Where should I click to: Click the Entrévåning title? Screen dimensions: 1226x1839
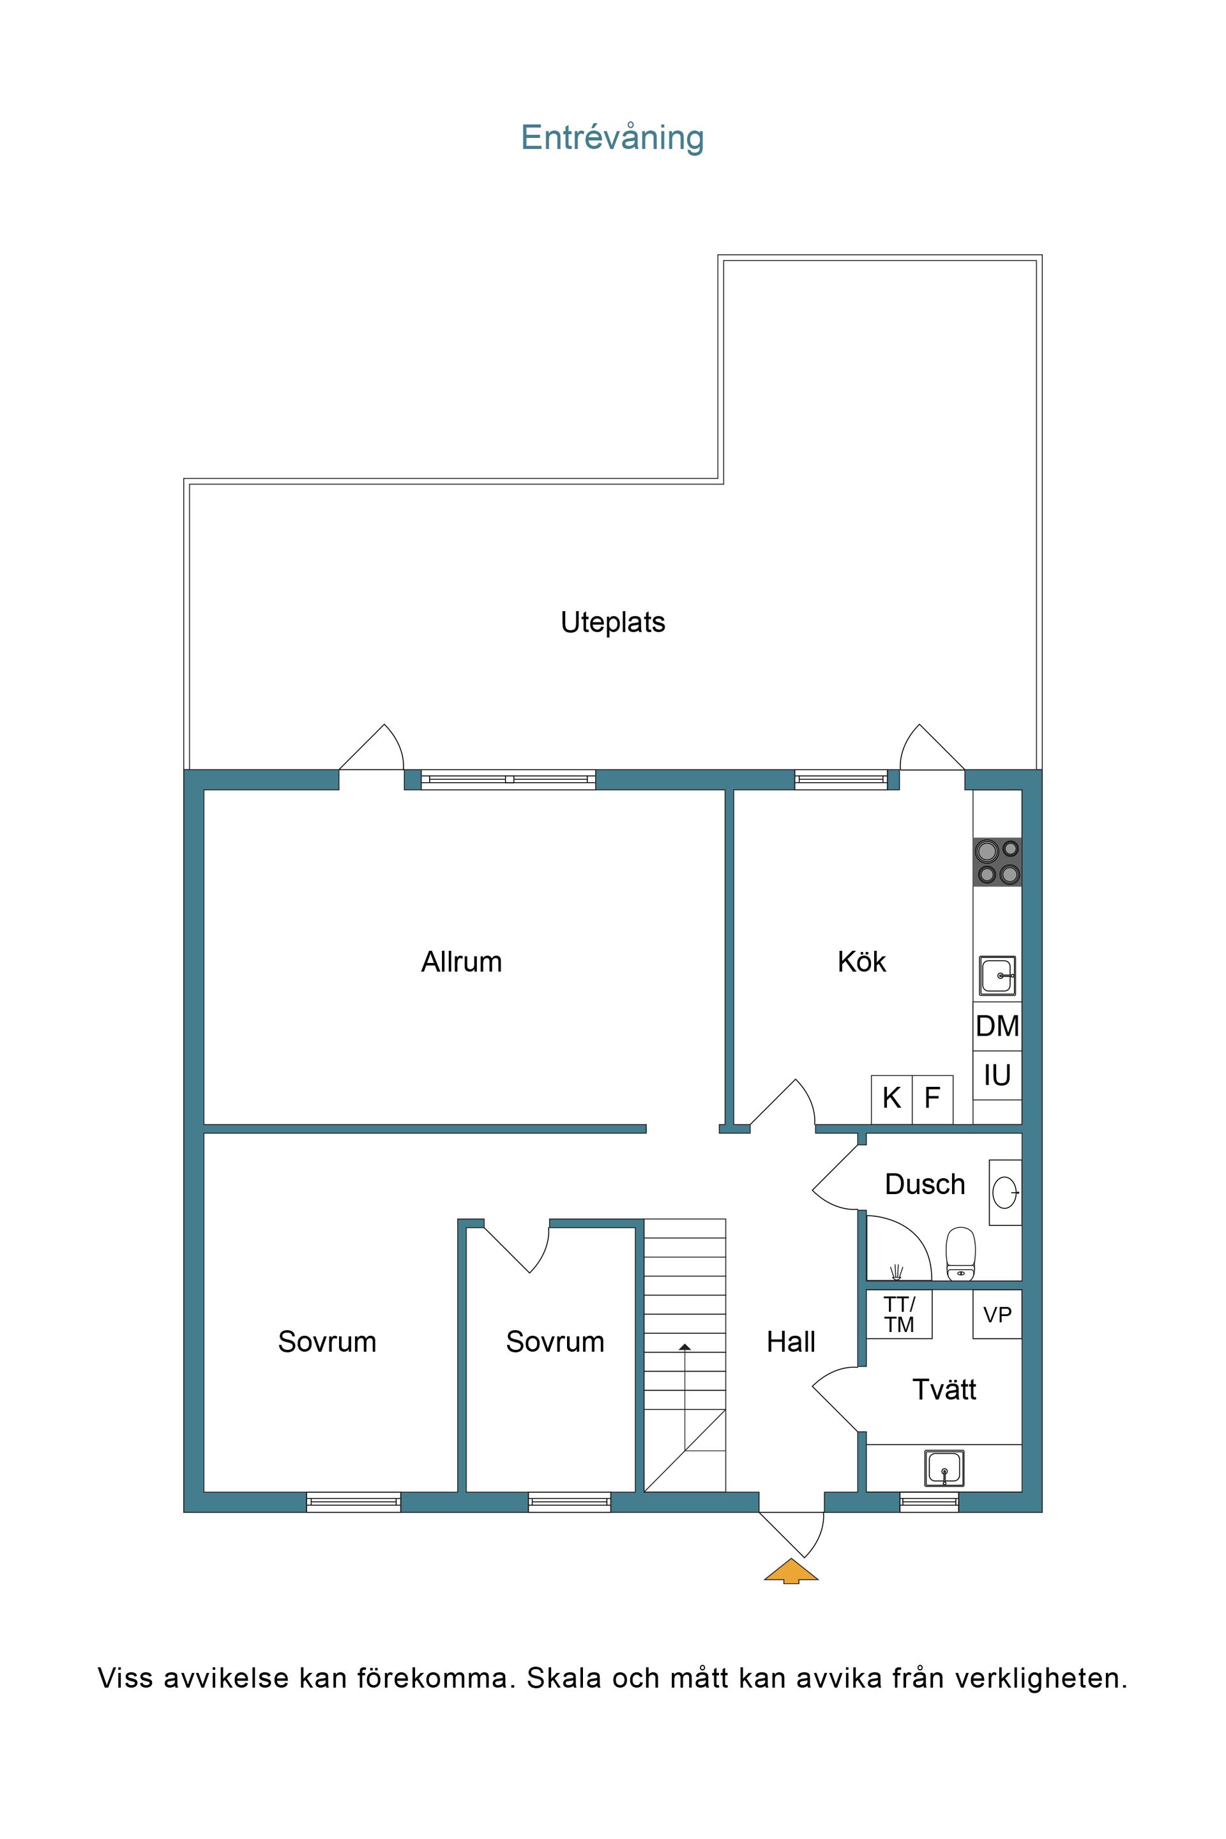(x=612, y=138)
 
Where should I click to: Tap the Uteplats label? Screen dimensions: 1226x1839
(x=613, y=623)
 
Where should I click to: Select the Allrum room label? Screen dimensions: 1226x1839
(x=461, y=962)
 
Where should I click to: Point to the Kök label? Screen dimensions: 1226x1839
(x=861, y=962)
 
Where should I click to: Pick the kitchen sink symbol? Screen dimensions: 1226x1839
(x=997, y=976)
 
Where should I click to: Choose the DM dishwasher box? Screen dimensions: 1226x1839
(x=997, y=1026)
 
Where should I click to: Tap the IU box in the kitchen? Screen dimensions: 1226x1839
(x=997, y=1075)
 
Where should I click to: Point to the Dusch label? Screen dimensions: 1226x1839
(x=925, y=1184)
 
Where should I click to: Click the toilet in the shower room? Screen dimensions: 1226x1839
(x=961, y=1254)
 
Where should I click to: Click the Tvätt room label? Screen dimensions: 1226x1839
(x=944, y=1389)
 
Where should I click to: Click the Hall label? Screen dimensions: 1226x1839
(x=791, y=1342)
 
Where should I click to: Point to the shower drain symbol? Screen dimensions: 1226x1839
(x=896, y=1272)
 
